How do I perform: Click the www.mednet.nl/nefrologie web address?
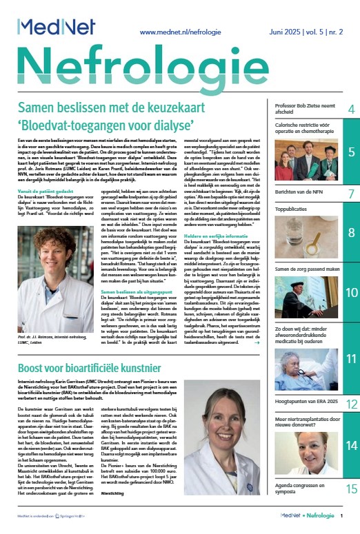tap(186, 32)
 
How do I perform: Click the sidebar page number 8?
tap(351, 232)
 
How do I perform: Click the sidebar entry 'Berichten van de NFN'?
tap(300, 194)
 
